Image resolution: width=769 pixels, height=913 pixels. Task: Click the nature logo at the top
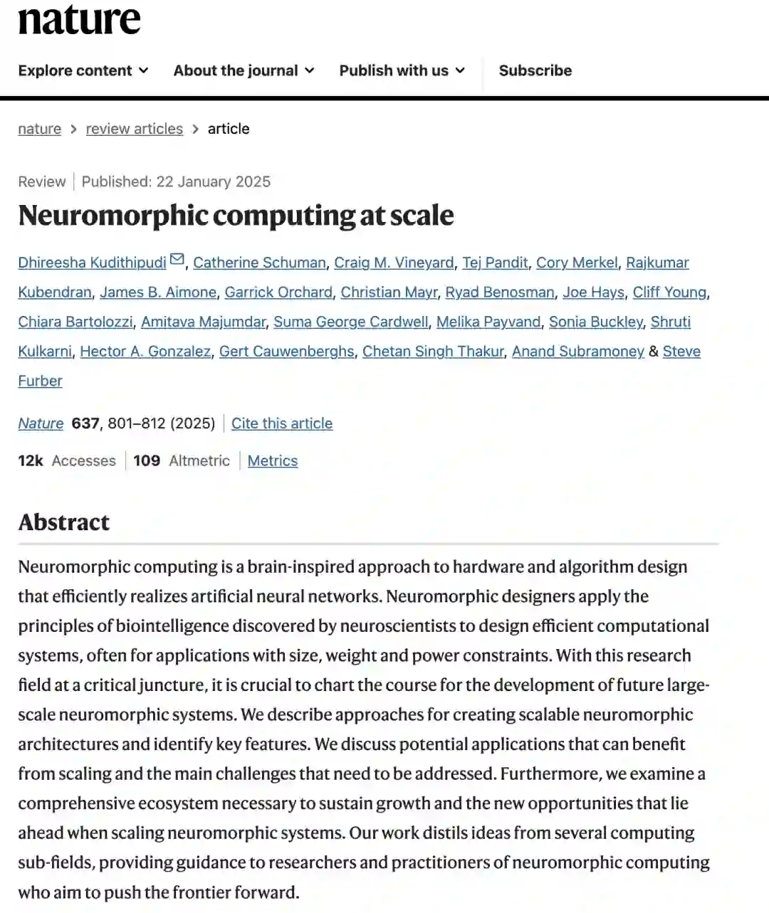(79, 19)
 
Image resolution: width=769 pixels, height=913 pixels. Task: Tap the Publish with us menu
(402, 70)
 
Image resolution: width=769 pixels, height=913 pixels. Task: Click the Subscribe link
(535, 70)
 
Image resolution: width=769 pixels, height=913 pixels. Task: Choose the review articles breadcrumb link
(134, 129)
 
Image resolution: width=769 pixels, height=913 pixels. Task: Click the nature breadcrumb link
(39, 129)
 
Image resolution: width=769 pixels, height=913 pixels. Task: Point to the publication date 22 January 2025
(213, 181)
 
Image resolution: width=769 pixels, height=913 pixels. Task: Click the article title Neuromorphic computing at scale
(236, 216)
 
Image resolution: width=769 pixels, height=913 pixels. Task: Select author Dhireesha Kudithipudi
(92, 263)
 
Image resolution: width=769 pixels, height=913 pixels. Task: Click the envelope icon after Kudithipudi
(177, 260)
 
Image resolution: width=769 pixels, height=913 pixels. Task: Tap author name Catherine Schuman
(259, 263)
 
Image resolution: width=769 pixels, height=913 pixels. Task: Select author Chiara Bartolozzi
(75, 322)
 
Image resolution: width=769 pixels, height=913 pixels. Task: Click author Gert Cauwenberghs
(286, 352)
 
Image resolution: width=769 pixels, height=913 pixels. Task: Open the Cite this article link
(282, 423)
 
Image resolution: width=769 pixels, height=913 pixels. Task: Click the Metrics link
(273, 460)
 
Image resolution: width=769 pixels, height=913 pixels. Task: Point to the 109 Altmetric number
(147, 460)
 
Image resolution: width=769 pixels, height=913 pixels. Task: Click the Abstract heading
(64, 522)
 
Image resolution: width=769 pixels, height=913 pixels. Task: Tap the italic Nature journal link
(41, 423)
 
